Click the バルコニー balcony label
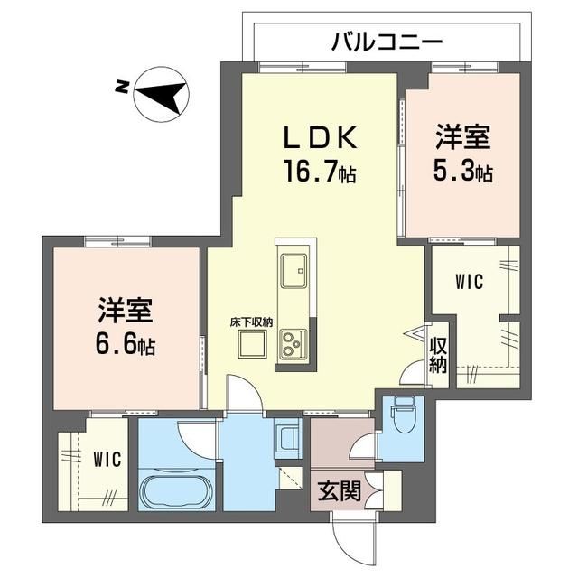tap(387, 42)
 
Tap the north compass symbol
tap(162, 94)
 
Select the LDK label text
tap(320, 138)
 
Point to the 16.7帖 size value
tap(319, 171)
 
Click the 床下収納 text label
tap(251, 322)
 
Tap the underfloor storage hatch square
tap(252, 344)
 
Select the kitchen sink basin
tap(294, 271)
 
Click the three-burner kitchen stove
tap(294, 344)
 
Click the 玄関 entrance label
tap(339, 491)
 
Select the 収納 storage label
tap(438, 355)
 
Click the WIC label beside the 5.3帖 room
tap(470, 282)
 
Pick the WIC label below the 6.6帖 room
tap(107, 460)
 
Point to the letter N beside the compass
tap(122, 87)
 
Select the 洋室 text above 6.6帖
tap(125, 310)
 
